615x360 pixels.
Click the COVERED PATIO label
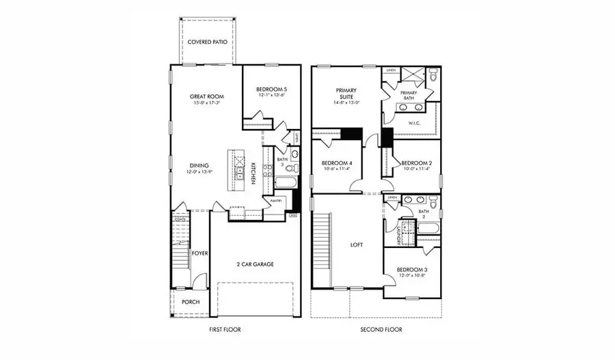(208, 42)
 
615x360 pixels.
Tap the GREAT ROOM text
(206, 96)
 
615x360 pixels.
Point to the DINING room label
(199, 165)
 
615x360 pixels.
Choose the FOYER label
(199, 253)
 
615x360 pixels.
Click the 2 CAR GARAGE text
(256, 264)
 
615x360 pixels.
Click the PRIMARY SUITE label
(347, 94)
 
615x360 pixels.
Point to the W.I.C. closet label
(413, 124)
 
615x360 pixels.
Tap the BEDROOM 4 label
(336, 163)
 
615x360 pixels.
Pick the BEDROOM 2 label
(415, 163)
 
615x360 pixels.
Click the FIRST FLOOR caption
(225, 329)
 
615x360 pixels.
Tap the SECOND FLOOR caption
(381, 329)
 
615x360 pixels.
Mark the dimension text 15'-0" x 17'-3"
(206, 104)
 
